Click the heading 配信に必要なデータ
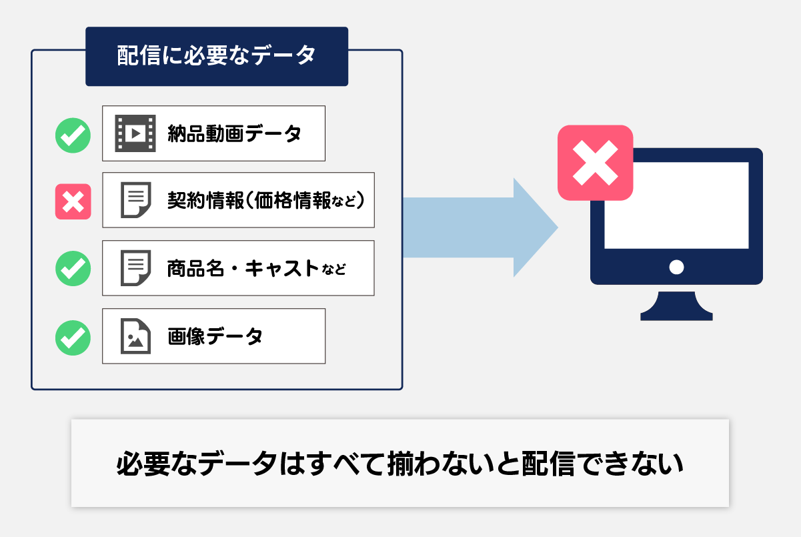tap(216, 56)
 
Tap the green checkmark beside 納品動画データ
tap(73, 135)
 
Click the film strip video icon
tap(135, 133)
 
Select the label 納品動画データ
tap(234, 134)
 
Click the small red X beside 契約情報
tap(73, 201)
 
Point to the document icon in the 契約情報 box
tap(136, 199)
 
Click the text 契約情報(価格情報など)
tap(265, 200)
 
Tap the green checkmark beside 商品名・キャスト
tap(73, 268)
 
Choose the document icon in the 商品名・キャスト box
tap(136, 268)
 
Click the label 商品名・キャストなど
tap(256, 268)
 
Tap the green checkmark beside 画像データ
tap(73, 338)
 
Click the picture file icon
tap(136, 336)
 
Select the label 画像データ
tap(215, 336)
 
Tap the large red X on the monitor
tap(596, 163)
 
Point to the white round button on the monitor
tap(676, 267)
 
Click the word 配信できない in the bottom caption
tap(602, 464)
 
